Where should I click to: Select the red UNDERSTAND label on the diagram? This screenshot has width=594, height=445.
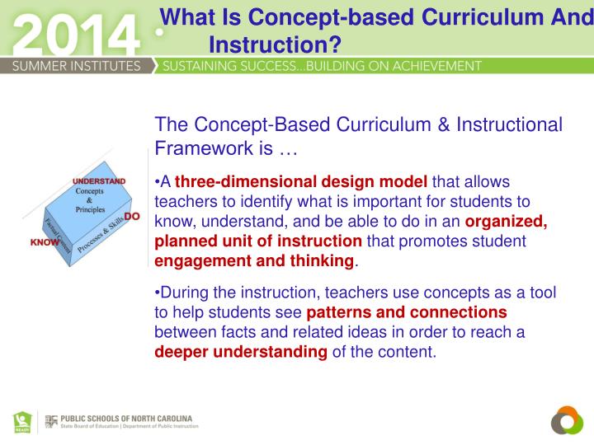click(x=99, y=180)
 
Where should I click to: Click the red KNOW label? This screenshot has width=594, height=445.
click(x=45, y=243)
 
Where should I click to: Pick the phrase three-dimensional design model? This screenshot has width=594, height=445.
click(x=300, y=182)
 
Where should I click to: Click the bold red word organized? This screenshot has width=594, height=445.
click(x=507, y=221)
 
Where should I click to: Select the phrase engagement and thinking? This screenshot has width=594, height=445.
click(x=255, y=260)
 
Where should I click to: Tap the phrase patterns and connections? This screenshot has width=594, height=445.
click(x=407, y=313)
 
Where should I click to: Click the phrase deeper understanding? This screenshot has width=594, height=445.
click(x=242, y=352)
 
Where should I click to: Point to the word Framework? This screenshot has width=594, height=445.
click(x=198, y=148)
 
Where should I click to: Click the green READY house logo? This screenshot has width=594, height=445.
click(x=22, y=421)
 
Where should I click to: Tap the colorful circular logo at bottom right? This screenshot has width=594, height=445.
click(x=567, y=421)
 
